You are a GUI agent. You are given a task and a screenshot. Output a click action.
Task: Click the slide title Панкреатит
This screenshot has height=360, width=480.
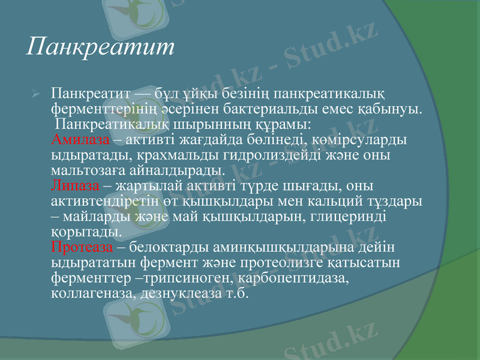pos(100,47)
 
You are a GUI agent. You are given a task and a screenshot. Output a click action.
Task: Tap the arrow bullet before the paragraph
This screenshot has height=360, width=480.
pos(35,94)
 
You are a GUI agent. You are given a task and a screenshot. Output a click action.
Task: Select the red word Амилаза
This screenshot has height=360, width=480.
pos(81,140)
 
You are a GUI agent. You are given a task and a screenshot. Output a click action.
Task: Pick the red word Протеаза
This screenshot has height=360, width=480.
pos(82,247)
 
